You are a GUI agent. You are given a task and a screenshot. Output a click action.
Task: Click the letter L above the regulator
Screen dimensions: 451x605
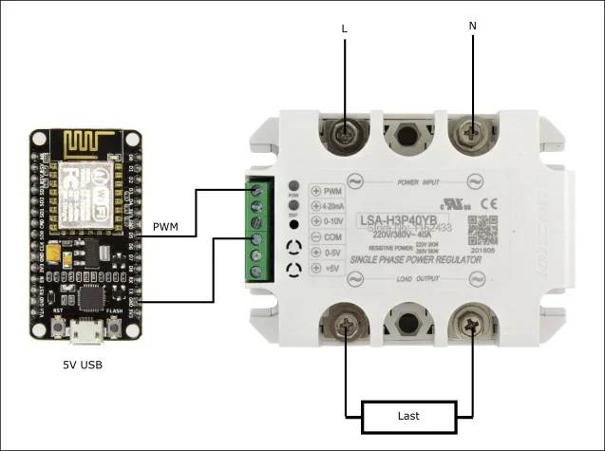[x=344, y=29]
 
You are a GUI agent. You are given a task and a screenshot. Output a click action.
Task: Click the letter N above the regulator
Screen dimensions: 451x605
[x=473, y=26]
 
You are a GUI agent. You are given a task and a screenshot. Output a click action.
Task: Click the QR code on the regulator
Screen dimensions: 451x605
[x=482, y=231]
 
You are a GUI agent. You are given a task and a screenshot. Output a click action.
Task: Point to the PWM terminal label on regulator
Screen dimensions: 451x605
[x=331, y=190]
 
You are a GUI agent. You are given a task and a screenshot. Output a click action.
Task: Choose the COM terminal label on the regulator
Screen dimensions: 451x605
[x=331, y=236]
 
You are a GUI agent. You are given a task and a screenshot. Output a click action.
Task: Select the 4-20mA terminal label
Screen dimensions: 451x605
[x=333, y=205]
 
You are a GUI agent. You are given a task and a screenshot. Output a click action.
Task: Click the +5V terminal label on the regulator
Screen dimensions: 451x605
[x=331, y=269]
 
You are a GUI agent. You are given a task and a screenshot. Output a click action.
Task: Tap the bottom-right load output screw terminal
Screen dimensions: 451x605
[x=470, y=325]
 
